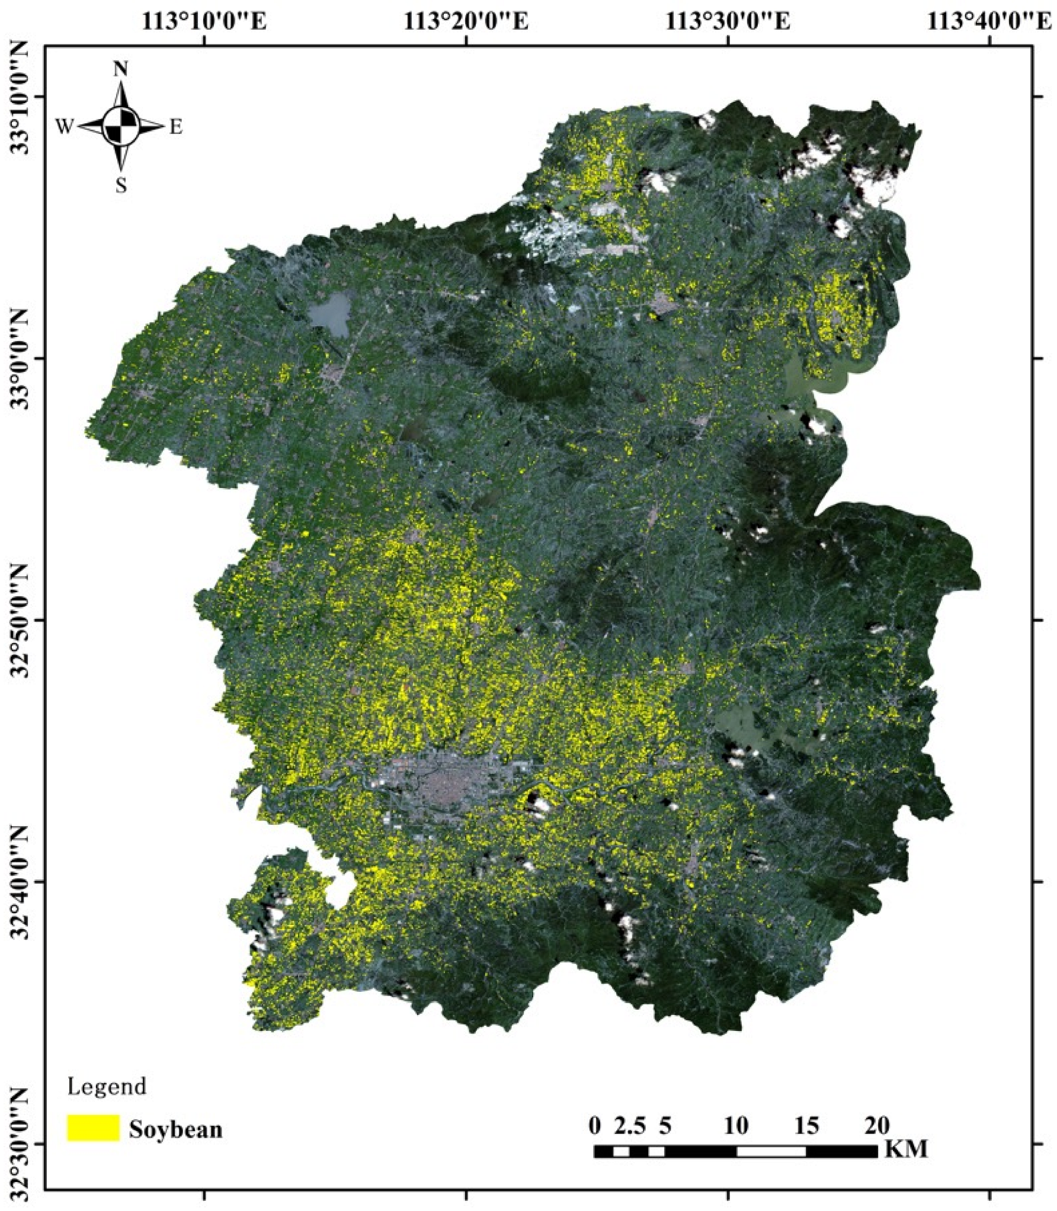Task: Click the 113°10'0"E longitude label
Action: [204, 21]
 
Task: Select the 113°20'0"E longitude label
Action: [466, 21]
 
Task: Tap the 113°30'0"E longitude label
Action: [728, 21]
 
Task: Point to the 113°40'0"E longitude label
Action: [989, 21]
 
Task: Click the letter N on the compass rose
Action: [120, 70]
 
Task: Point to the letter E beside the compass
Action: [176, 127]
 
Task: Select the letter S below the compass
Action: [121, 186]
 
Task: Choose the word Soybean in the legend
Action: [175, 1129]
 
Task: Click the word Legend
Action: [107, 1087]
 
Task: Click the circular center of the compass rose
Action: [121, 126]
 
